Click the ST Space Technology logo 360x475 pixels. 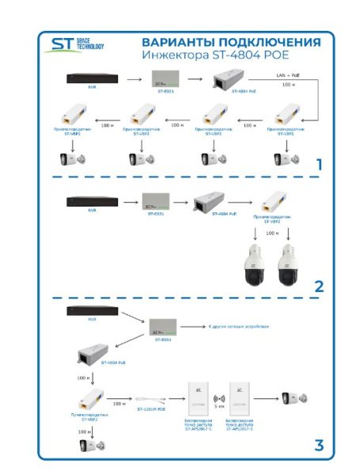[x=76, y=46]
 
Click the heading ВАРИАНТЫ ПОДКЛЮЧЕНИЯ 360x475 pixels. [x=231, y=42]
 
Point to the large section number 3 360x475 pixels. [x=318, y=445]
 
